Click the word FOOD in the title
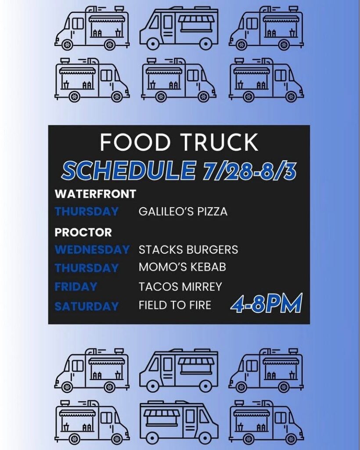coord(135,142)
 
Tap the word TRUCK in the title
coord(219,142)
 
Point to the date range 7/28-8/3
coord(249,171)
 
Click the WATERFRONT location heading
coord(95,194)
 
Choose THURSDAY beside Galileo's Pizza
coord(86,211)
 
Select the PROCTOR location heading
coord(83,232)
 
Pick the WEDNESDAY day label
coord(92,249)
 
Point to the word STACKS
coord(159,250)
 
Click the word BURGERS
coord(210,250)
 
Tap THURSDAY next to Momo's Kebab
coord(86,268)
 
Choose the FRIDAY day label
coord(76,287)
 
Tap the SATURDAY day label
coord(86,306)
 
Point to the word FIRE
coord(200,305)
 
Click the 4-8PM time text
coord(266,303)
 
